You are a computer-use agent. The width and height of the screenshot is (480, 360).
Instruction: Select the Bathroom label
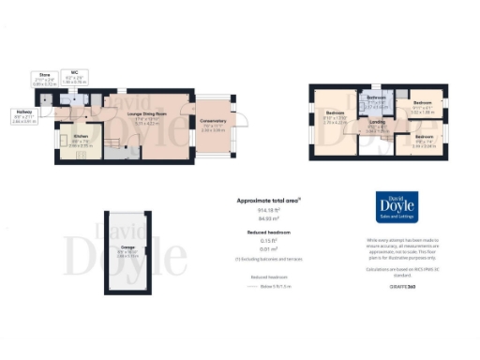377,100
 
